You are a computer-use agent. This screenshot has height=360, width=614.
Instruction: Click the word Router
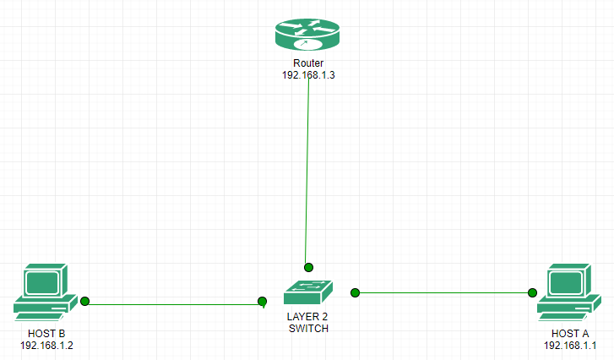[x=307, y=63]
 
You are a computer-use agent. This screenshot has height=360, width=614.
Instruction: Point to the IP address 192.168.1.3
[x=307, y=74]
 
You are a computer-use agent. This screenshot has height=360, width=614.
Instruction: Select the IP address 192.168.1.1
[x=570, y=345]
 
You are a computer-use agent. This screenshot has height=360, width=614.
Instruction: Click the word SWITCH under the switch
[x=307, y=327]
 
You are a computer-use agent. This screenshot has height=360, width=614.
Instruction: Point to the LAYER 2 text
[x=307, y=316]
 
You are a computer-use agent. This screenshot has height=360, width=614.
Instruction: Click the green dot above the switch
[x=309, y=265]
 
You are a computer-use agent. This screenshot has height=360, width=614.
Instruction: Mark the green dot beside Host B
[x=84, y=300]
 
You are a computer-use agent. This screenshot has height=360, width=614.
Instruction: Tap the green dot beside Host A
[x=533, y=292]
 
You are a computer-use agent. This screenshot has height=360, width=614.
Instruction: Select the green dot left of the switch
[x=262, y=301]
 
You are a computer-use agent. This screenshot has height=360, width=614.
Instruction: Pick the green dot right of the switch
[x=356, y=292]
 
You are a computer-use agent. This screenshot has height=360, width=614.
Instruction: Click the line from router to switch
[x=307, y=169]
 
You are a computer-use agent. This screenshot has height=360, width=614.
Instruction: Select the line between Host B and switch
[x=173, y=301]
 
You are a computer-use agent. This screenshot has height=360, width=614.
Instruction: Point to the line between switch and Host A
[x=444, y=292]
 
